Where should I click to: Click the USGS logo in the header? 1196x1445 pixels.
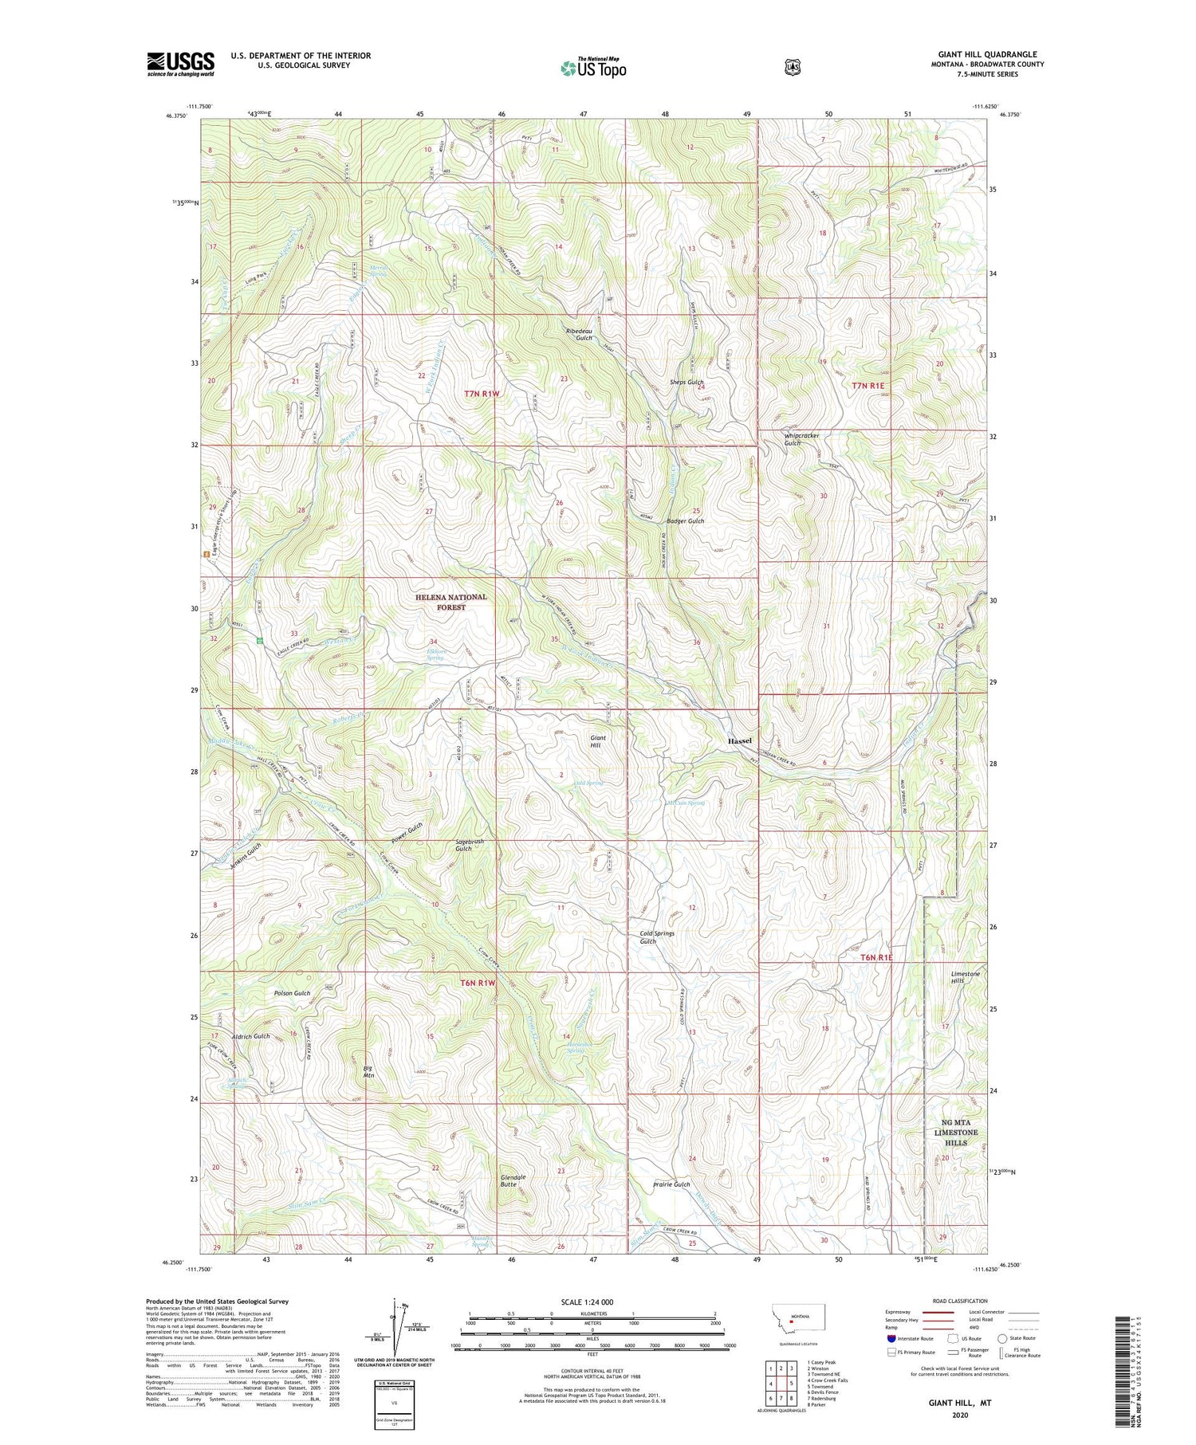coord(181,64)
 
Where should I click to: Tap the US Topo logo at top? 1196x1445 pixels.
coord(593,68)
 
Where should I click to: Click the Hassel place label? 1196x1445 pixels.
coord(739,741)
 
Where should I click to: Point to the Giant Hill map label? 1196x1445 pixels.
coord(598,742)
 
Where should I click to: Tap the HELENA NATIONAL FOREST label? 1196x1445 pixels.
coord(450,602)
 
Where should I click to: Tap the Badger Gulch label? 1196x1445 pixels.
coord(686,521)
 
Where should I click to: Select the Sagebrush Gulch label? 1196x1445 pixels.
coord(469,845)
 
